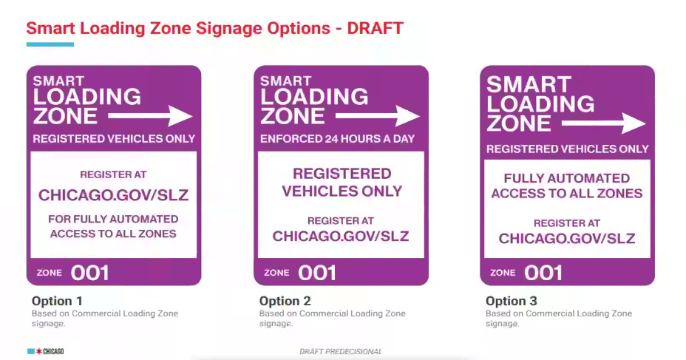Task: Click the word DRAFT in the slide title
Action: (x=375, y=28)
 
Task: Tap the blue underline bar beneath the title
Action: (x=50, y=44)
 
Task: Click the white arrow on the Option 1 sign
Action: (x=150, y=116)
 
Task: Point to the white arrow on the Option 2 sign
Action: (x=378, y=116)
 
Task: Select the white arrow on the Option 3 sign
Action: (x=604, y=123)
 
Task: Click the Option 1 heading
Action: (x=57, y=301)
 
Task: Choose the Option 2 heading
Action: (x=285, y=301)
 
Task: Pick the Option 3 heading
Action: (x=511, y=301)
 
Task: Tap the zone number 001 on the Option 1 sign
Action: (x=89, y=274)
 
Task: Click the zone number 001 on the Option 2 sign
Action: (x=317, y=274)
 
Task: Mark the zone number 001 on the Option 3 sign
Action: (x=543, y=274)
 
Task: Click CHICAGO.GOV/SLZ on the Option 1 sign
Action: (x=113, y=194)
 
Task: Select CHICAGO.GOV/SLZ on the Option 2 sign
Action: (x=340, y=237)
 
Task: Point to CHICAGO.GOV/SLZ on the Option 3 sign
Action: (x=566, y=238)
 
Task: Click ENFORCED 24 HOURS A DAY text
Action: (x=337, y=139)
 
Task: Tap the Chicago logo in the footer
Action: (x=46, y=351)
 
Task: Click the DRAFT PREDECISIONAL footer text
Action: (x=340, y=351)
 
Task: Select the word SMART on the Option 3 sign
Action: (x=529, y=84)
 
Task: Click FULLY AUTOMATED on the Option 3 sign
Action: (x=566, y=178)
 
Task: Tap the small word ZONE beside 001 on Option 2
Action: (x=276, y=273)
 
